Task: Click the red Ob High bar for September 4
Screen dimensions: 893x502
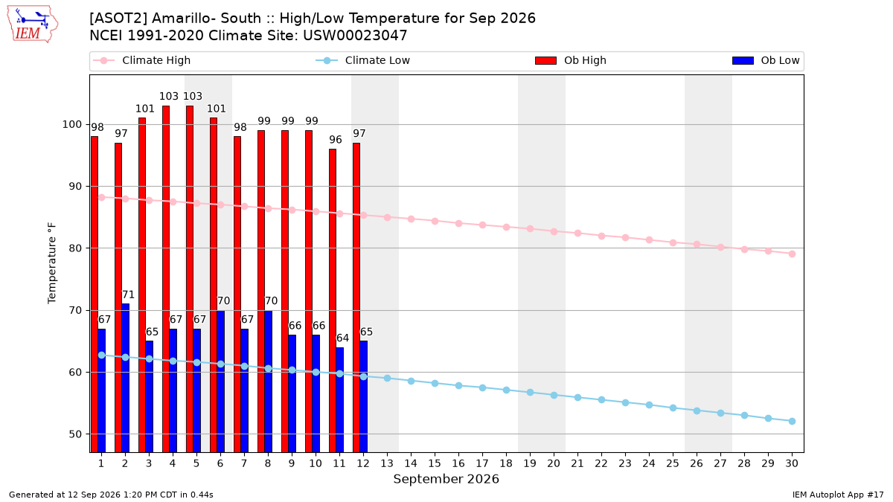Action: coord(166,279)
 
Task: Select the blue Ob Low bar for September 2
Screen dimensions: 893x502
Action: coord(125,378)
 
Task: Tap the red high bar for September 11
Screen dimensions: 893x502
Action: coord(333,300)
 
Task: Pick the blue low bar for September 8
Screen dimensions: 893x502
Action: coord(269,382)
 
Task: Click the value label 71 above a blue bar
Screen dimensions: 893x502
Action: coord(128,295)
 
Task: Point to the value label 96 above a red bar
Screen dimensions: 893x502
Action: coord(336,140)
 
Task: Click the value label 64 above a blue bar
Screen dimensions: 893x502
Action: coord(342,338)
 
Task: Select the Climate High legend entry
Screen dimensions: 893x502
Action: coord(142,60)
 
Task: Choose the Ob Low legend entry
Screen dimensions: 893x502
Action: coord(766,60)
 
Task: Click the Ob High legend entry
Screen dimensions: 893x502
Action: coord(571,60)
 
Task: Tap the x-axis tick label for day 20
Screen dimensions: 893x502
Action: coord(554,463)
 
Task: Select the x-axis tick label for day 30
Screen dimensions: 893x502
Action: coord(792,463)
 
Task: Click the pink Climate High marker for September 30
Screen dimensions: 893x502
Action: coord(792,254)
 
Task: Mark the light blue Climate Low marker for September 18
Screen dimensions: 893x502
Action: coord(506,390)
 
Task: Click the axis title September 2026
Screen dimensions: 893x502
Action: coord(446,479)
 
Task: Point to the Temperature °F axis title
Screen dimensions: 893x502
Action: coord(52,263)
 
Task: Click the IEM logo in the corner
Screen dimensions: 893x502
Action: coord(33,25)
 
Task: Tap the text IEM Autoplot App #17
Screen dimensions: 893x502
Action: coord(838,495)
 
